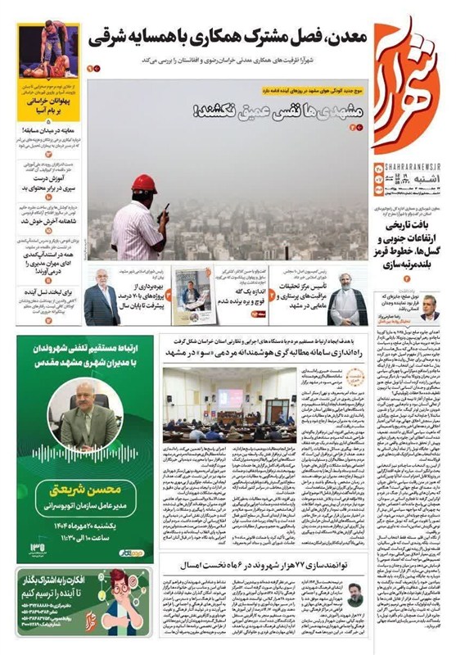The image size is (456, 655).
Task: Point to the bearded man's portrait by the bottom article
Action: pyautogui.click(x=352, y=594)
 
